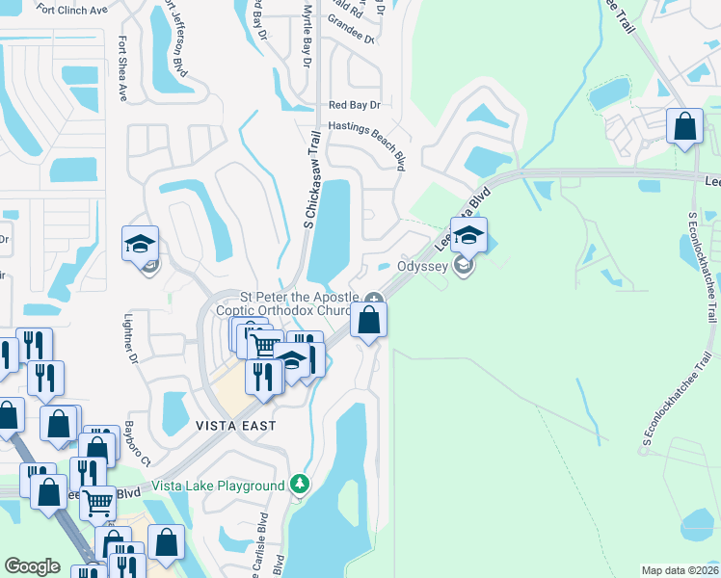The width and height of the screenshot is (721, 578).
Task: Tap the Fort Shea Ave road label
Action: pyautogui.click(x=122, y=69)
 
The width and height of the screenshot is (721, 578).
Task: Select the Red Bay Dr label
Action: pyautogui.click(x=355, y=105)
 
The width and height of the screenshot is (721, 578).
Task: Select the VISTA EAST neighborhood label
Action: pyautogui.click(x=235, y=425)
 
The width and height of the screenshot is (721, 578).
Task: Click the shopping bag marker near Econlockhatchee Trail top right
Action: pyautogui.click(x=684, y=126)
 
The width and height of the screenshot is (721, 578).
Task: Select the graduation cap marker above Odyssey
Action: pyautogui.click(x=468, y=235)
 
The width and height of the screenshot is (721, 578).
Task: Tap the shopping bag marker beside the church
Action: pyautogui.click(x=369, y=320)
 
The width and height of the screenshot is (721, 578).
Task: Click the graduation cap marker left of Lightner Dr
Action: pyautogui.click(x=140, y=243)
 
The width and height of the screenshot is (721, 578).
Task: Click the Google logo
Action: pyautogui.click(x=32, y=566)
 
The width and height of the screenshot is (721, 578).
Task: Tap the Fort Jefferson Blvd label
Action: pyautogui.click(x=178, y=54)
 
